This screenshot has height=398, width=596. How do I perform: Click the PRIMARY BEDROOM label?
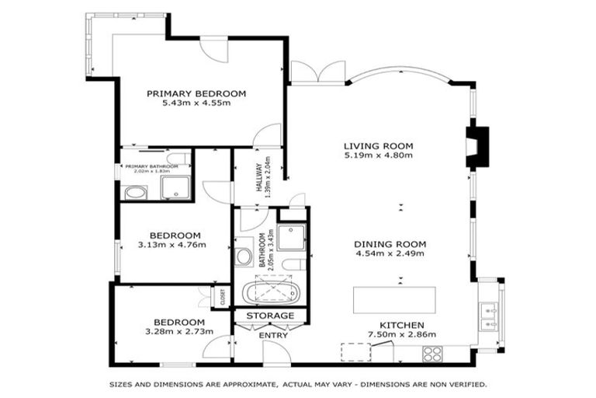coord(196,93)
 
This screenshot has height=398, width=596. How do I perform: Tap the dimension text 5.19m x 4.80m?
coord(379,155)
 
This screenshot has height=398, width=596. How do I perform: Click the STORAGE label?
coord(270,316)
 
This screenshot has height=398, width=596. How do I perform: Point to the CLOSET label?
coord(222,296)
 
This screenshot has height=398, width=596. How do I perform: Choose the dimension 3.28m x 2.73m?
coord(178,332)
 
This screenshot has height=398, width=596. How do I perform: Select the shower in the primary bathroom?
coord(171,187)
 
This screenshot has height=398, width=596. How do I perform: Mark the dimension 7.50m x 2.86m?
coord(401,335)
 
